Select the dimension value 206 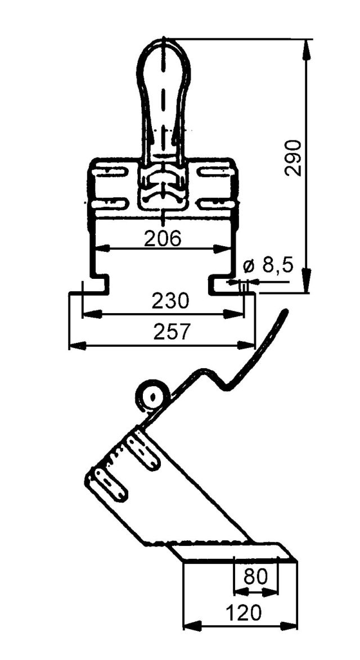[163, 239]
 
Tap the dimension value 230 [170, 301]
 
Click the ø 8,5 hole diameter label [268, 266]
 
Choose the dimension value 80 [255, 576]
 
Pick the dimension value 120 [244, 613]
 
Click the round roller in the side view [152, 396]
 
